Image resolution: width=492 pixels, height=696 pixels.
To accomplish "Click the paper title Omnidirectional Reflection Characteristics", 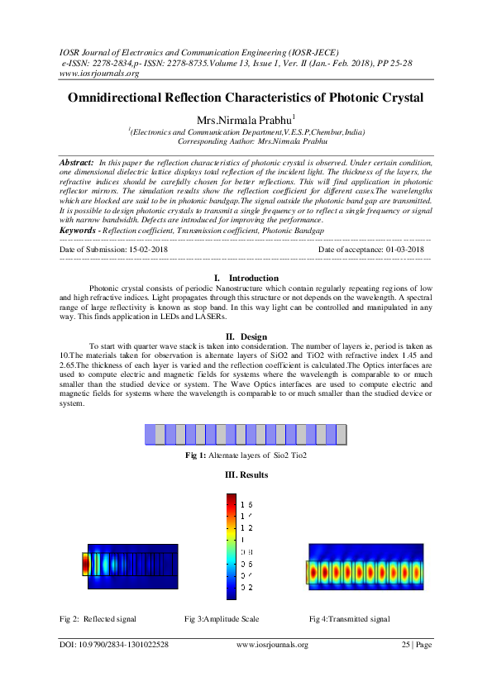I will (246, 98).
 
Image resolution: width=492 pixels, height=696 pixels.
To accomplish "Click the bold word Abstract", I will (76, 164).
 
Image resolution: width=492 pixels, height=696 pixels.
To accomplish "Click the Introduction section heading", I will (252, 278).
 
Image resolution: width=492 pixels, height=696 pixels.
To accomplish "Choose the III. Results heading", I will (246, 476).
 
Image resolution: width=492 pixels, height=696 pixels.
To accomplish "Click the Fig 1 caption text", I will (246, 455).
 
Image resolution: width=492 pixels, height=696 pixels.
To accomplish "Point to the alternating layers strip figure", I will (246, 435).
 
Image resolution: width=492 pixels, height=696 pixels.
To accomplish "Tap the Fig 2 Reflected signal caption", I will (98, 618).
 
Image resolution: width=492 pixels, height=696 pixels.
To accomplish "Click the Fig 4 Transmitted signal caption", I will (349, 618).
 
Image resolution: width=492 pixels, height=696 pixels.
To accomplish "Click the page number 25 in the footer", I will (407, 645).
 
